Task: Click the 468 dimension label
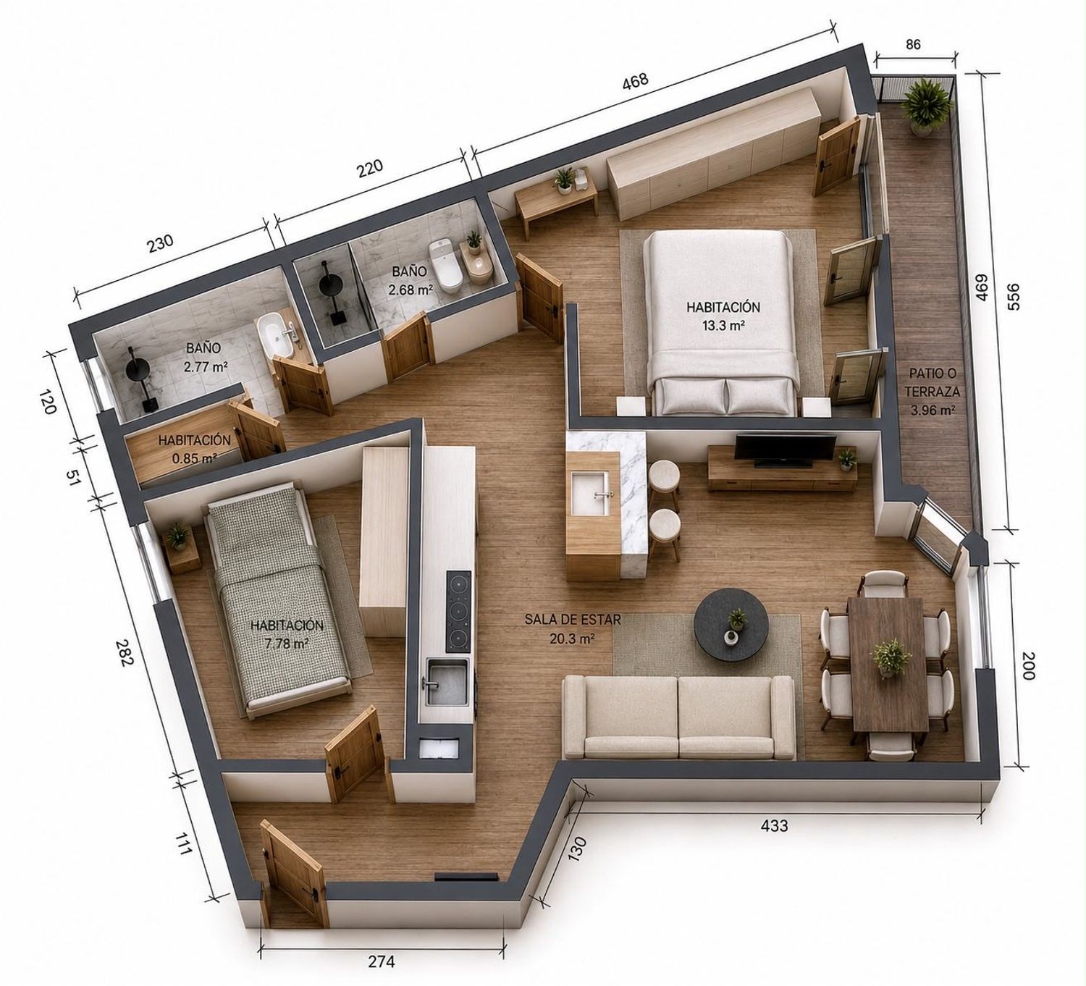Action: point(635,81)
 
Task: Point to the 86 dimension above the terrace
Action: point(913,44)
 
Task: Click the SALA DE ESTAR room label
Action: point(572,620)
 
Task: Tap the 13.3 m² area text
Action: point(723,326)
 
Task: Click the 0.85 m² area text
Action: point(194,459)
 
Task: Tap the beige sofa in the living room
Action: point(679,717)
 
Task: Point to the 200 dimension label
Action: point(1029,666)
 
